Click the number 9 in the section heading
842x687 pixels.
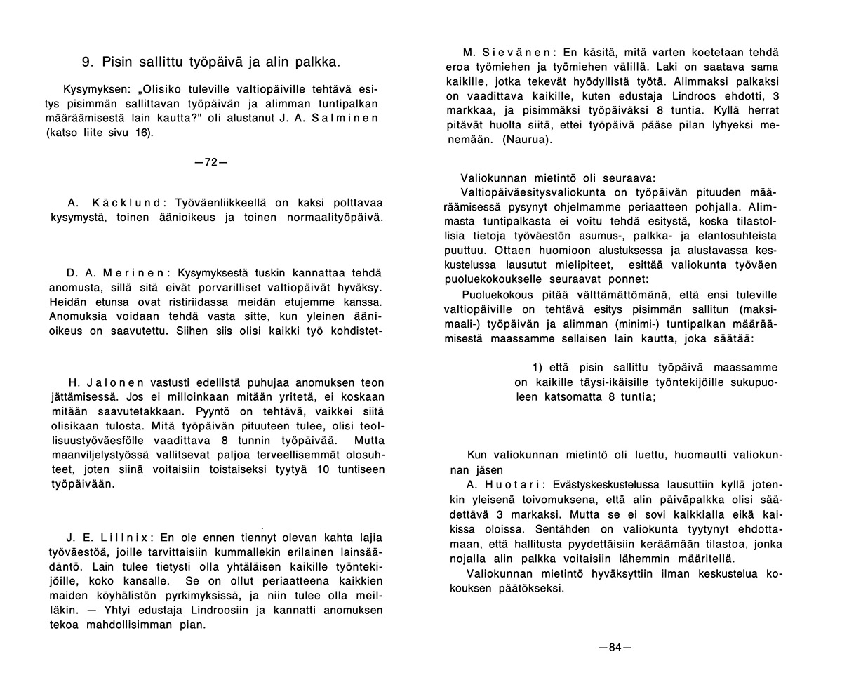click(x=86, y=62)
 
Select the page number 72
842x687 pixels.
click(x=210, y=161)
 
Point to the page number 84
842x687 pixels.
click(x=615, y=647)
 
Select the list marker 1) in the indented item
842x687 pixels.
click(x=538, y=368)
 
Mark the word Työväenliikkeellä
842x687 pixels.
click(x=223, y=203)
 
